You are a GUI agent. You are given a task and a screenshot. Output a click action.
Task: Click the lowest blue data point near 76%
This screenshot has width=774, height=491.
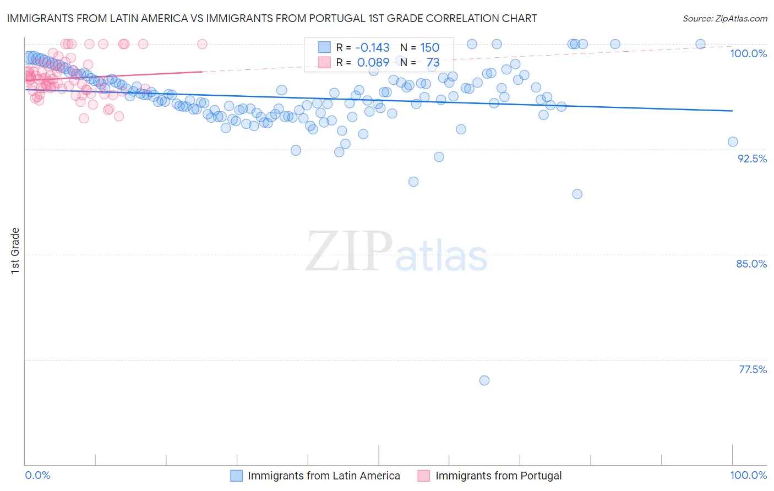click(x=484, y=380)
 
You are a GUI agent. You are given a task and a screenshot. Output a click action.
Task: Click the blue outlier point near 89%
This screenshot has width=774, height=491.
click(x=577, y=194)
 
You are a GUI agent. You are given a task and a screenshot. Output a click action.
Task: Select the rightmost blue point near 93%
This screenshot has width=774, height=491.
click(x=733, y=142)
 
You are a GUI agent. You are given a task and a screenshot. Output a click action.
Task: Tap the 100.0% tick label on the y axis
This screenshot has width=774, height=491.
click(x=748, y=53)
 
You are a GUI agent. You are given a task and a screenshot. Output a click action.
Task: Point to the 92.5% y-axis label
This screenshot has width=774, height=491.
click(x=752, y=159)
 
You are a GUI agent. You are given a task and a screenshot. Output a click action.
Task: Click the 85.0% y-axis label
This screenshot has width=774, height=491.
click(x=751, y=264)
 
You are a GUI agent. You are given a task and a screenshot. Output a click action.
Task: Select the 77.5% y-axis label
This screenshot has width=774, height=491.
click(x=753, y=369)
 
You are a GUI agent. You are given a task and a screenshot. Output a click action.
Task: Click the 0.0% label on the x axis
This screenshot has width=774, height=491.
click(x=38, y=475)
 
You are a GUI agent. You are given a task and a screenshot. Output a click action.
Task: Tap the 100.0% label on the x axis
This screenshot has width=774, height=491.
click(x=748, y=475)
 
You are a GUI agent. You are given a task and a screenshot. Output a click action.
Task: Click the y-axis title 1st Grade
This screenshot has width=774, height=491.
click(x=15, y=250)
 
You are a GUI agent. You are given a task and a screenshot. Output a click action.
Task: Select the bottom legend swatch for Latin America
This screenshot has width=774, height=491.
click(x=236, y=476)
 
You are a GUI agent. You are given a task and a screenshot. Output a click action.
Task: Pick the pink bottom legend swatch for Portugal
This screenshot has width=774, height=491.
click(x=423, y=476)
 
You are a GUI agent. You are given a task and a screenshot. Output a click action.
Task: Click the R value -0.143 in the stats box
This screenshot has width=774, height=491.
click(x=372, y=47)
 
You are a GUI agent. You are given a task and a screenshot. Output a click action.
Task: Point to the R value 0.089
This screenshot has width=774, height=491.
click(x=373, y=62)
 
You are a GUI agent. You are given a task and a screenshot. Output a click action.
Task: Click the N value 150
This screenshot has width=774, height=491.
click(x=429, y=47)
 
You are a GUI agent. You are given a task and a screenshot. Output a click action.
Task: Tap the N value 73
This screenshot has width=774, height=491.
click(x=433, y=62)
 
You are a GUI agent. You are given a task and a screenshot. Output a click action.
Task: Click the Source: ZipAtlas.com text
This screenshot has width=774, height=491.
click(x=724, y=18)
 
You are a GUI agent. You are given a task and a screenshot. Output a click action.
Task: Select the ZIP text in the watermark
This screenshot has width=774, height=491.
click(x=348, y=252)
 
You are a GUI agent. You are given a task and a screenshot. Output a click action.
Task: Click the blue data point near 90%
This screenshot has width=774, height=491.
click(x=413, y=182)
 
